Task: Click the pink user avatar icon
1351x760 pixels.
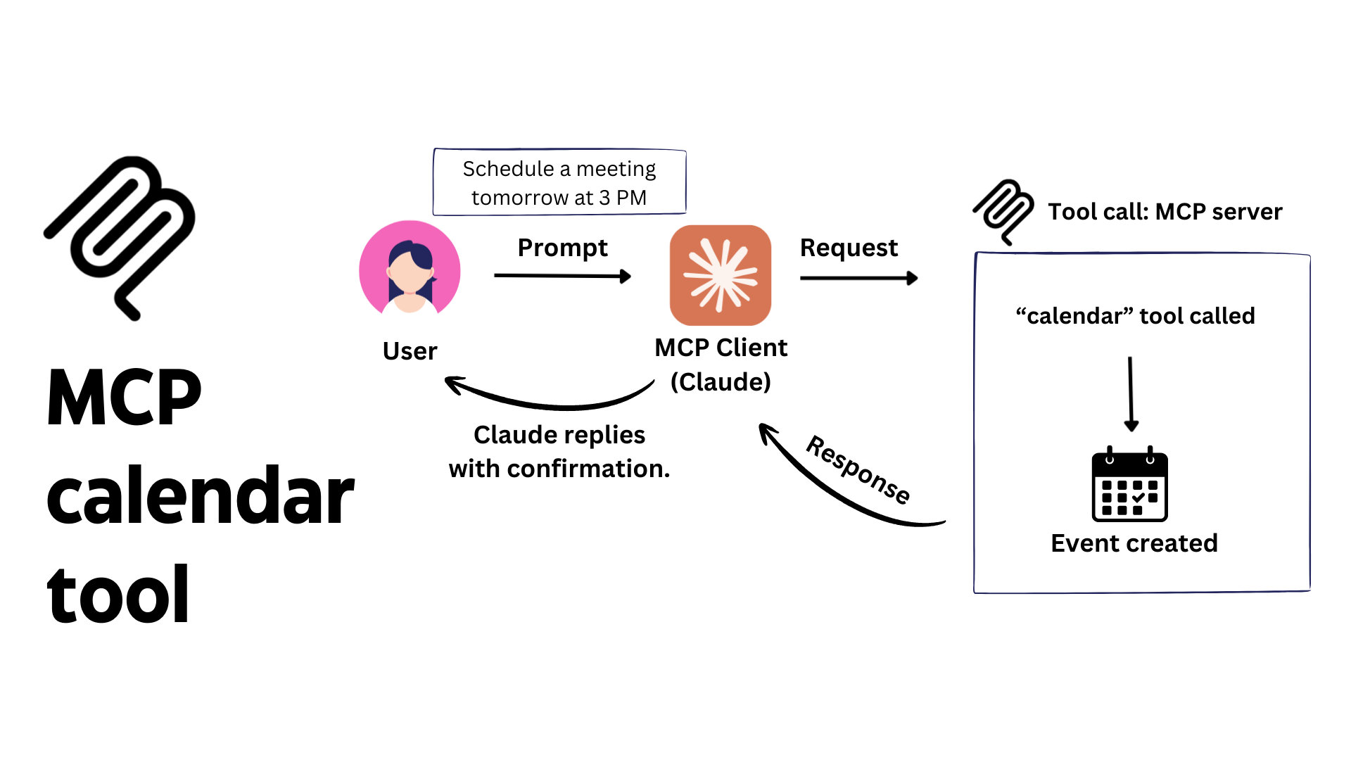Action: pyautogui.click(x=410, y=270)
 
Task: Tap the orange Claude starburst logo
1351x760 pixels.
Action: pyautogui.click(x=721, y=275)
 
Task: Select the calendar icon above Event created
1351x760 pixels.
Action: pyautogui.click(x=1130, y=486)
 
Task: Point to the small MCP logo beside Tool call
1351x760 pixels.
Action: pyautogui.click(x=1003, y=210)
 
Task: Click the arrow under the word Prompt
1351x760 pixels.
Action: pyautogui.click(x=562, y=277)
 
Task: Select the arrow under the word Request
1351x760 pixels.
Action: pyautogui.click(x=858, y=279)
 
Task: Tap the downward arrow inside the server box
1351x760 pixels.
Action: pyautogui.click(x=1131, y=394)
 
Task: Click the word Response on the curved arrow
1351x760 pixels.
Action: pyautogui.click(x=858, y=469)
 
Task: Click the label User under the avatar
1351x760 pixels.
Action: pyautogui.click(x=410, y=351)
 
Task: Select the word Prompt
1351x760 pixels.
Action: pyautogui.click(x=562, y=248)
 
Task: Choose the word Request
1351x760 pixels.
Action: pyautogui.click(x=849, y=248)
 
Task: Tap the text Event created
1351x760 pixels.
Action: pyautogui.click(x=1134, y=543)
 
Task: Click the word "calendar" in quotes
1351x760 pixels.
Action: pyautogui.click(x=1074, y=316)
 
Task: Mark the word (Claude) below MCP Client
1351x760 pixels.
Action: pyautogui.click(x=721, y=382)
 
